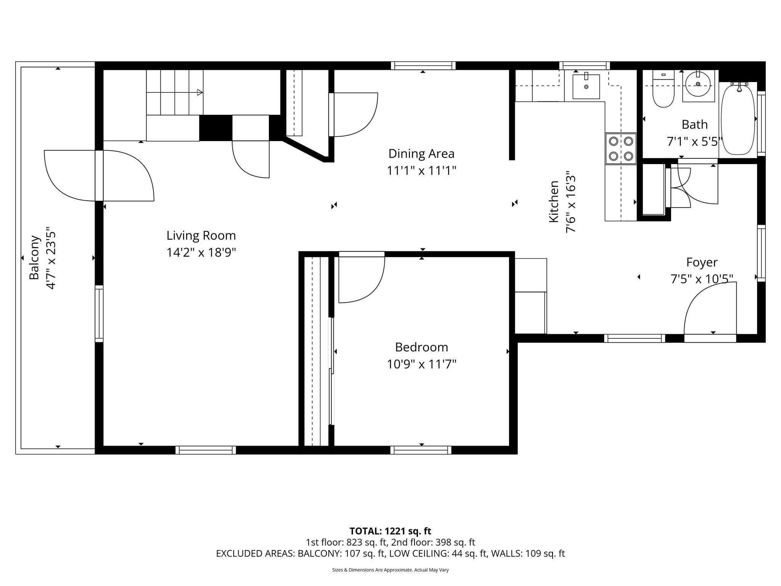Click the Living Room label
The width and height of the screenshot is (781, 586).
pos(201,235)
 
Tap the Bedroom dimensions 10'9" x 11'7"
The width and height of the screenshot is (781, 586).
pos(421,364)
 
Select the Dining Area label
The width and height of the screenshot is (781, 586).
pos(421,154)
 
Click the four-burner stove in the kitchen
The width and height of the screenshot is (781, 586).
pos(620,148)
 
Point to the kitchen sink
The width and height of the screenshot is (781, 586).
pos(586,87)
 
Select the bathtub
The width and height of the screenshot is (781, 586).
pos(738,119)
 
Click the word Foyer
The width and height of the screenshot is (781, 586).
pos(702,262)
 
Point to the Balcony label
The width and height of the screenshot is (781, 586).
pos(35,258)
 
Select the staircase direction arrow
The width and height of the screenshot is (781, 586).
pos(199,92)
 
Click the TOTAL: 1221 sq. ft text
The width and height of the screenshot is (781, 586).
pos(390,531)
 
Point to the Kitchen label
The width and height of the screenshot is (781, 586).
pos(553,201)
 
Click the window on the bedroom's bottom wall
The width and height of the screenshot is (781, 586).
pos(421,450)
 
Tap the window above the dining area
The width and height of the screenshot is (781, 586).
pos(423,66)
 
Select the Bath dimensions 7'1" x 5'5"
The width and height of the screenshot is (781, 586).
pos(694,142)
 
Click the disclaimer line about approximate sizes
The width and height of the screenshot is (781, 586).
pos(390,570)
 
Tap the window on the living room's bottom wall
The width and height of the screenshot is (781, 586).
pos(206,450)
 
